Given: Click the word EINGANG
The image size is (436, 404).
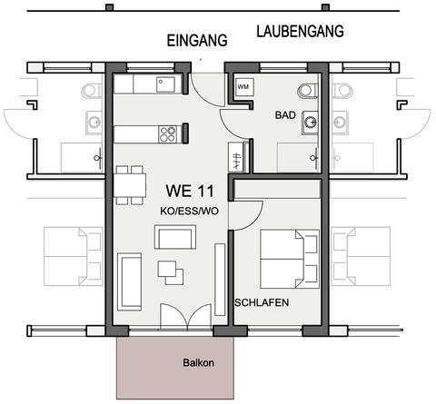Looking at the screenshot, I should (195, 42).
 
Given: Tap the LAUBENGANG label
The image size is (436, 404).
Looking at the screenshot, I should (300, 32).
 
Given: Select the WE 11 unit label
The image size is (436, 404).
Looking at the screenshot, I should (190, 191).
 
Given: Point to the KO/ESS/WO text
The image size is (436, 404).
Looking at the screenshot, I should (189, 211).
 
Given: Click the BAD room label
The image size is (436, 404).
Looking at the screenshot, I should (287, 116).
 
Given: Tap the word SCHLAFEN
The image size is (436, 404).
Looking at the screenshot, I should (262, 301).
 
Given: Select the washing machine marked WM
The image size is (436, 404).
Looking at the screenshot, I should (243, 87).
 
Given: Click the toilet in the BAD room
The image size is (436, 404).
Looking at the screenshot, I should (307, 90).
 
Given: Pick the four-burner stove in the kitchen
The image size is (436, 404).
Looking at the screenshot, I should (168, 134).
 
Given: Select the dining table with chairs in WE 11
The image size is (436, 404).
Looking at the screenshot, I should (129, 184).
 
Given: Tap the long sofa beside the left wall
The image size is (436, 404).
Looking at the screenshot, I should (130, 282).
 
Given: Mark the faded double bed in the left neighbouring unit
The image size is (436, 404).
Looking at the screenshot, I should (72, 257).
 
